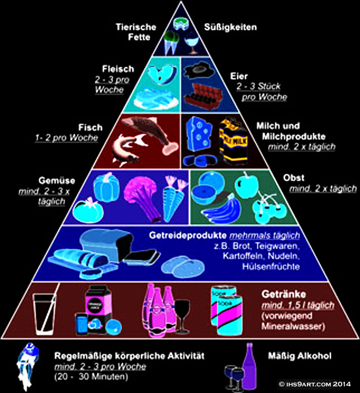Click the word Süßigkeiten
tap(230, 27)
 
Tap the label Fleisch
tap(118, 69)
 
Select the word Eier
tap(239, 76)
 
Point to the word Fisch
tap(91, 127)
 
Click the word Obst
tap(294, 178)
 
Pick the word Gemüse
tap(57, 181)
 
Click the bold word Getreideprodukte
tap(188, 236)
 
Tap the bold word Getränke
tap(284, 294)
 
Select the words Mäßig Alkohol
tap(300, 355)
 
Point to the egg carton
tap(203, 97)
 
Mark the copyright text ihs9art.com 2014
tap(315, 384)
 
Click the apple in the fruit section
tap(247, 185)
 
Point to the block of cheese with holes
tap(200, 134)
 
